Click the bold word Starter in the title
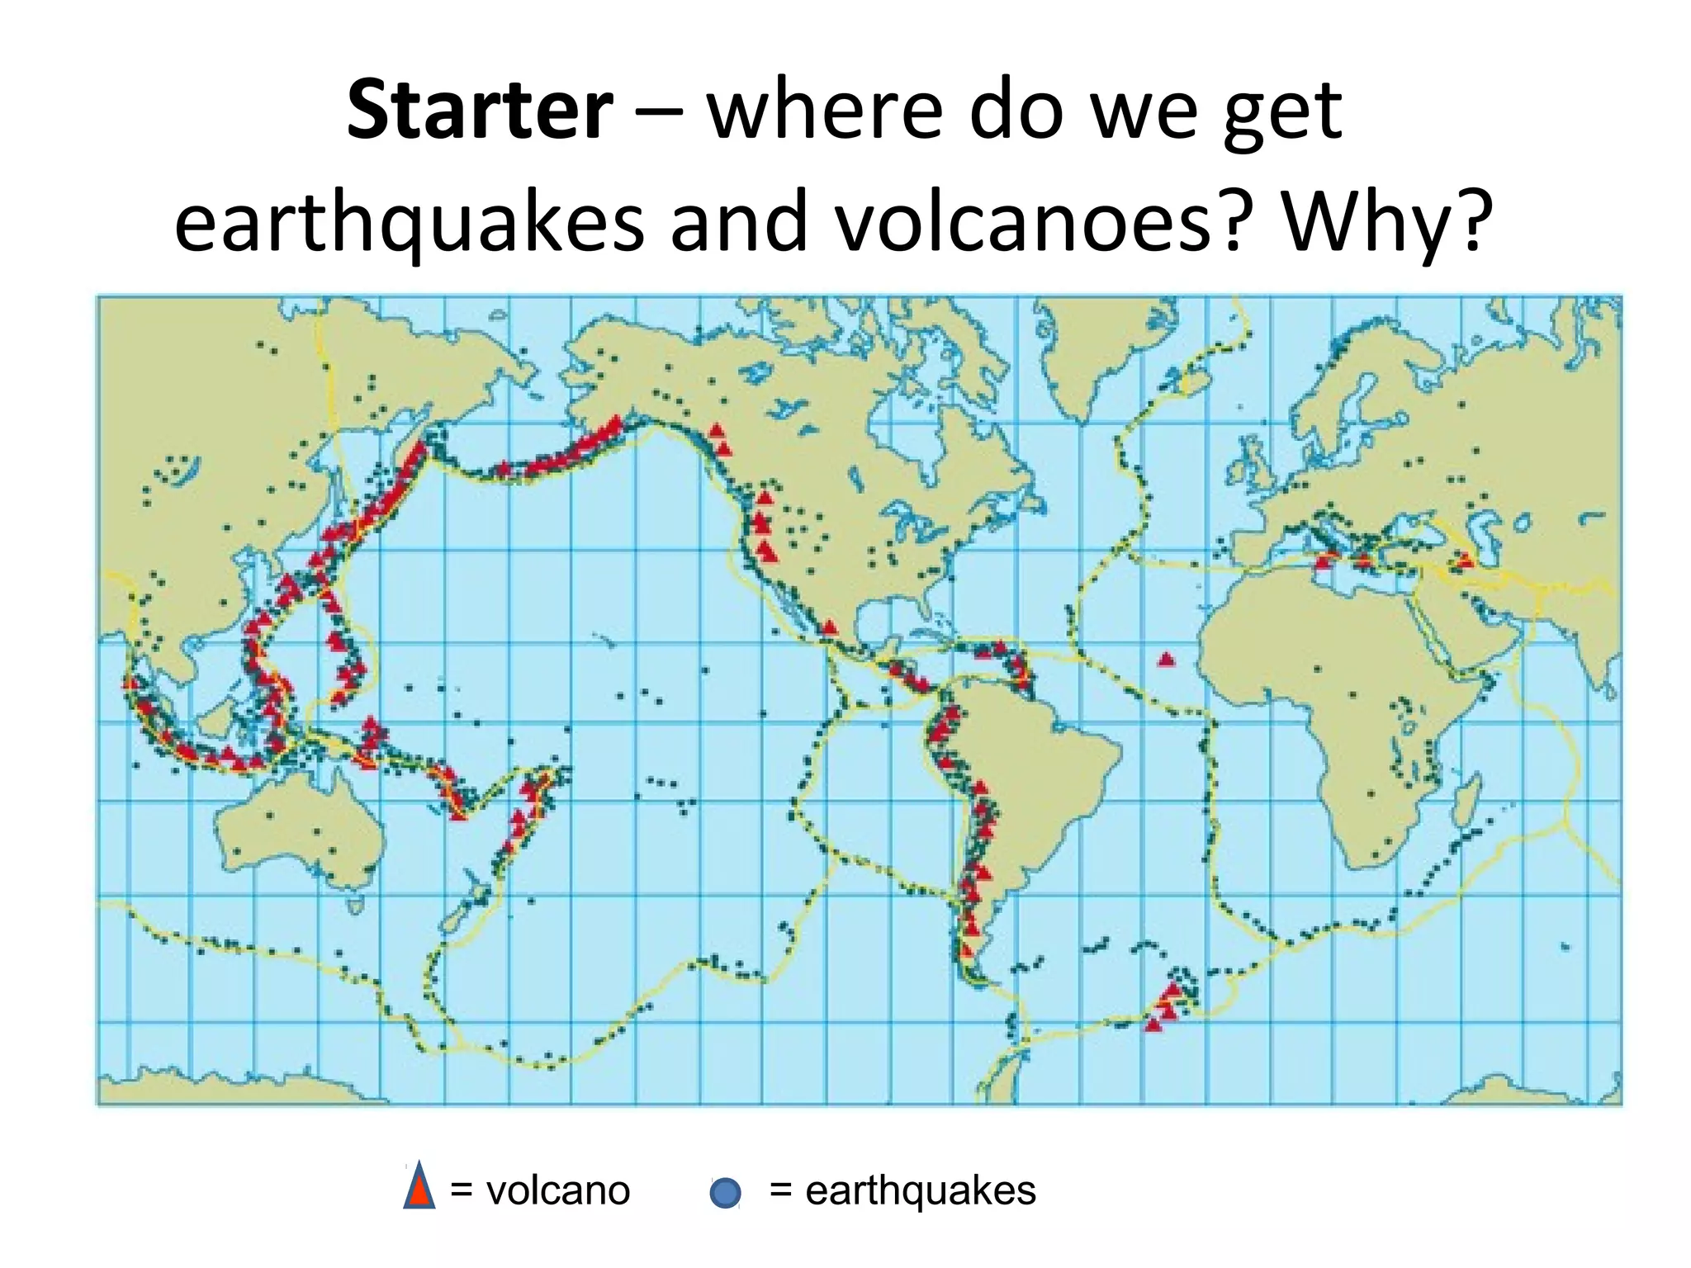pos(480,111)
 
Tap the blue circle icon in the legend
pos(725,1193)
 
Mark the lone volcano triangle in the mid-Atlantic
pos(1166,659)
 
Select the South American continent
pos(1040,768)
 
